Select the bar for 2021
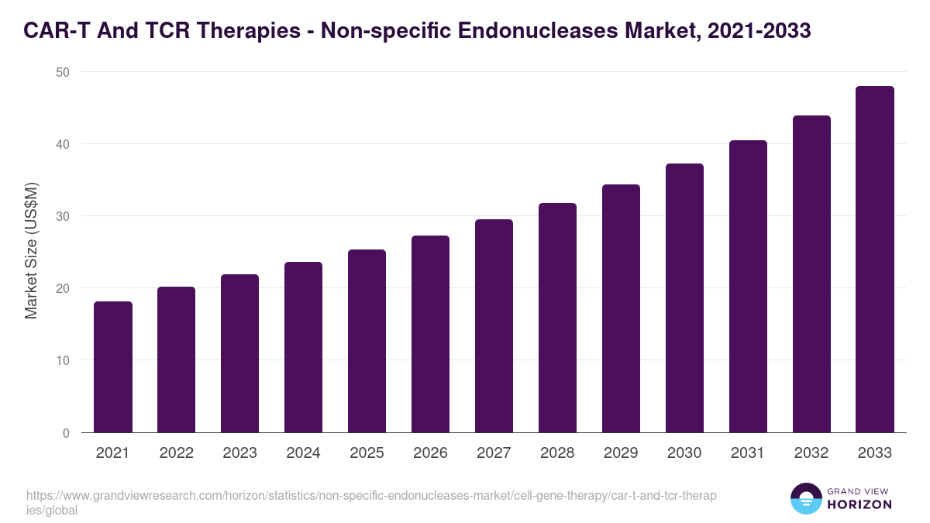[x=113, y=367]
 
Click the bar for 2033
[x=875, y=260]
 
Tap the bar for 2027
[x=494, y=326]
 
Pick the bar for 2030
[x=684, y=298]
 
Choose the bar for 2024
[x=303, y=347]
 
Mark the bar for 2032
[x=811, y=274]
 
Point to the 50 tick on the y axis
[x=62, y=72]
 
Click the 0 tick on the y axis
[x=66, y=433]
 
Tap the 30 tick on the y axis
[x=62, y=216]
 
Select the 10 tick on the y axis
[x=62, y=361]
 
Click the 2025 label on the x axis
[x=367, y=453]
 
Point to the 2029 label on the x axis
[x=621, y=453]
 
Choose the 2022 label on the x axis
[x=176, y=453]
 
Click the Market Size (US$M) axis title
[x=31, y=251]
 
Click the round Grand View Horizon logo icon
[x=805, y=499]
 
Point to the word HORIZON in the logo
[x=860, y=504]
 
